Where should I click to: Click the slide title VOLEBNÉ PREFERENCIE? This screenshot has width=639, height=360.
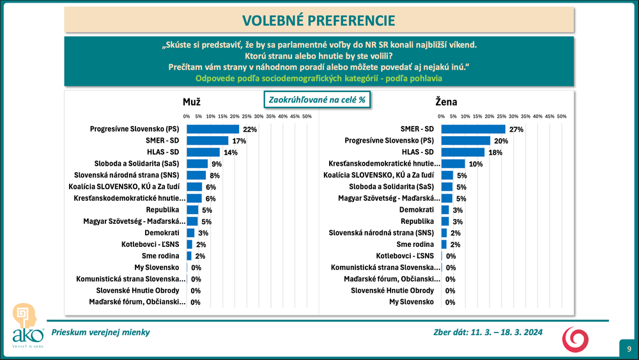[319, 20]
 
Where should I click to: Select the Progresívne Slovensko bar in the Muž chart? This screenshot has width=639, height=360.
[212, 129]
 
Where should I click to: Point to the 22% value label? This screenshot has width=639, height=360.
[250, 129]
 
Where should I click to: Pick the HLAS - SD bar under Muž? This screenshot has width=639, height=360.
[203, 152]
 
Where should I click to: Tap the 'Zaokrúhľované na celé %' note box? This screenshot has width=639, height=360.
[318, 100]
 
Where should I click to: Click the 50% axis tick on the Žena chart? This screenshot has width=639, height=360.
[562, 116]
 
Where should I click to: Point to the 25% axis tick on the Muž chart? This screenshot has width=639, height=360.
[247, 116]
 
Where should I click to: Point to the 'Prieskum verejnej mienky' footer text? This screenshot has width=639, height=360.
[101, 333]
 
